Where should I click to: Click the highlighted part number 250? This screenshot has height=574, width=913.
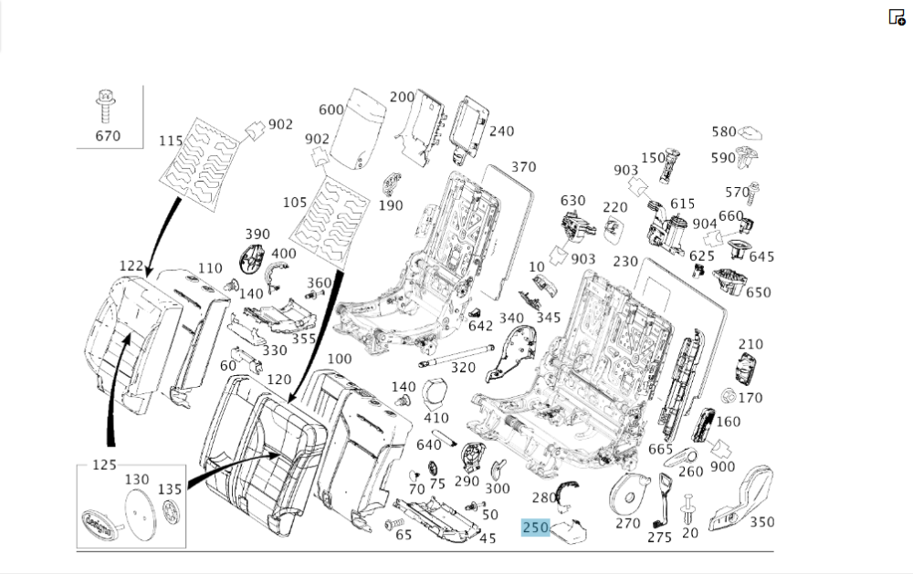[x=535, y=527]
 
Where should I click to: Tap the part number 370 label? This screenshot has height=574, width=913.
[x=523, y=167]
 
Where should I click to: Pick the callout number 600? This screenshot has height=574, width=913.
[x=331, y=110]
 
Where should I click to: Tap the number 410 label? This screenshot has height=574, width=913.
[x=437, y=418]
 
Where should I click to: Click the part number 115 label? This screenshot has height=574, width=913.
[x=171, y=141]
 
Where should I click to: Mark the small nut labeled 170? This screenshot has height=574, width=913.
[x=729, y=397]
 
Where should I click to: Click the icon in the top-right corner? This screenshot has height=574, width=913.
[x=897, y=16]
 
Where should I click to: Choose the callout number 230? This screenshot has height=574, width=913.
[x=625, y=261]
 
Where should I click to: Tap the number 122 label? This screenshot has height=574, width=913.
[x=131, y=266]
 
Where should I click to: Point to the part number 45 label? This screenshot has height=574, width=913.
[x=487, y=537]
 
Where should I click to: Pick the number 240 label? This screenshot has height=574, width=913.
[x=501, y=130]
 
